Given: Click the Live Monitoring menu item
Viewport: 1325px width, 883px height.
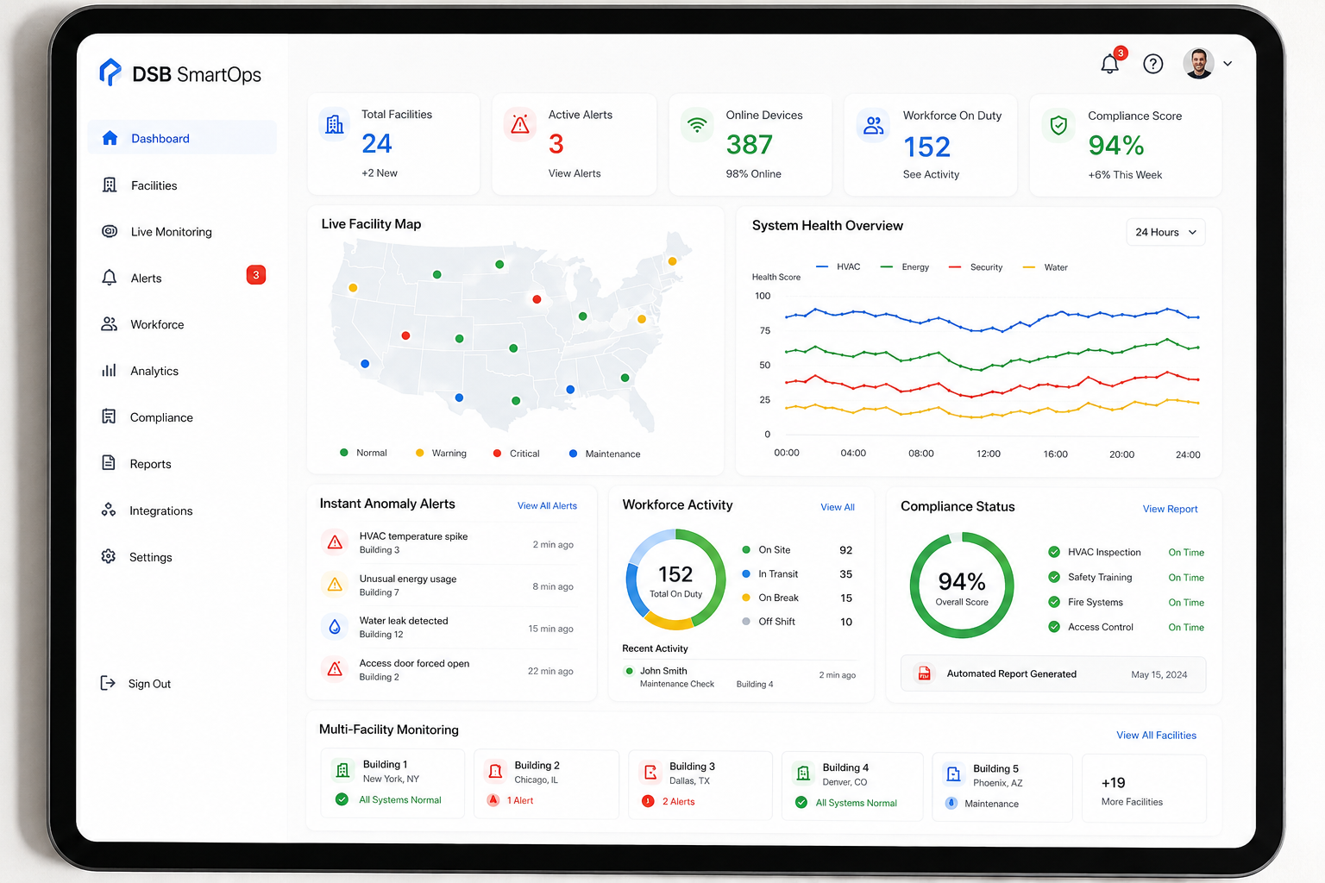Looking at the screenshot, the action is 157,231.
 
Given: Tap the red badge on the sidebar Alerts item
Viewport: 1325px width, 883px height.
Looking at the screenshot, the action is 255,275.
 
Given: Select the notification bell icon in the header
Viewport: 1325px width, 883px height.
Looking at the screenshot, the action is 1109,63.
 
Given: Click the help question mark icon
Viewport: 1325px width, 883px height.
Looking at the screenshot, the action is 1152,63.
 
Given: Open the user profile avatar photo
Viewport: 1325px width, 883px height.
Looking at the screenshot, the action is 1198,63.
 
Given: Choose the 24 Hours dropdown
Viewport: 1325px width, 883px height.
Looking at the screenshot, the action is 1165,232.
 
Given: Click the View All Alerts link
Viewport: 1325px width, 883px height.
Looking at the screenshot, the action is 547,505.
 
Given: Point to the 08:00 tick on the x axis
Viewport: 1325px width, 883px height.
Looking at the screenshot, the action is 921,453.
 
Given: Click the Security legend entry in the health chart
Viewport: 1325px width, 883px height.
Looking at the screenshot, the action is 976,267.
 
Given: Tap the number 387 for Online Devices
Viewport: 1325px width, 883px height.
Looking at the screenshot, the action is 750,145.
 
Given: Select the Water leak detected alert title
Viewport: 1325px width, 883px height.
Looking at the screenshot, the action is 404,620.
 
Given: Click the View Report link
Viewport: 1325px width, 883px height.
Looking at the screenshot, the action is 1170,509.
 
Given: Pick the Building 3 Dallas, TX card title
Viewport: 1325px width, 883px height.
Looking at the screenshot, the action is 692,766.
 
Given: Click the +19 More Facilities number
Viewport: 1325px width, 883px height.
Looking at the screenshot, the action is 1114,782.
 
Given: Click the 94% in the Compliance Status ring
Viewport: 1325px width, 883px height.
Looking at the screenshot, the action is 962,582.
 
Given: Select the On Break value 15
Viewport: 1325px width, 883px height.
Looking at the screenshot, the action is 846,598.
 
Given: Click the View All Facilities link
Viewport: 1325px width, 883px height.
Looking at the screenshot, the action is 1157,736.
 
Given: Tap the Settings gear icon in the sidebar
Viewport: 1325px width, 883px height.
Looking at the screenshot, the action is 108,556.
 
